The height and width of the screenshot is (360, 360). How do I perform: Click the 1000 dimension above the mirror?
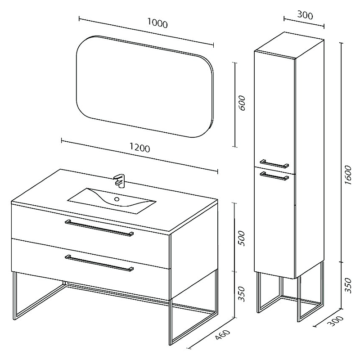pos(157,23)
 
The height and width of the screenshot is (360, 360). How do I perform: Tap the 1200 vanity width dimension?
pos(139,148)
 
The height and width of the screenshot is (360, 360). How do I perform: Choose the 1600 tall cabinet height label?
pos(348,175)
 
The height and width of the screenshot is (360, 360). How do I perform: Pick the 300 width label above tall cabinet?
pos(305,15)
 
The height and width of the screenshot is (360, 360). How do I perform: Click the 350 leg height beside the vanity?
pos(241,294)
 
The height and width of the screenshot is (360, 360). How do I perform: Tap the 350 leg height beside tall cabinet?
pos(348,285)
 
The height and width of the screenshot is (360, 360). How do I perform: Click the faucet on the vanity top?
pos(120,181)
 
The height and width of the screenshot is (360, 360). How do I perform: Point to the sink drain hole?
pos(117,199)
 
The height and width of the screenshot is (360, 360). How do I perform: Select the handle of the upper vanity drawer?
pos(99,228)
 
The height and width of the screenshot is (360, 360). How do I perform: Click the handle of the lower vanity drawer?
pos(99,263)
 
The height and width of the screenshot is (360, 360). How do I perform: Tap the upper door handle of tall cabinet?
pos(274,164)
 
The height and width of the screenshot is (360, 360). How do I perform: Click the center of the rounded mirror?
pos(145,86)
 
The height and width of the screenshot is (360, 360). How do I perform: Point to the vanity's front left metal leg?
pos(14,296)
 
